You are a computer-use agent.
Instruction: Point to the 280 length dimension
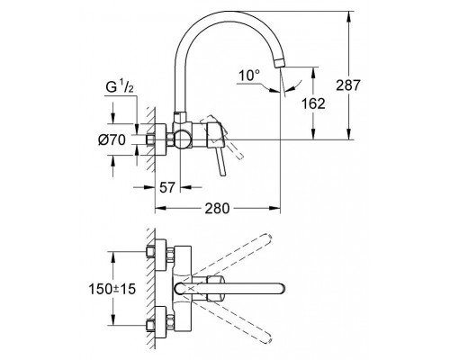point(217,207)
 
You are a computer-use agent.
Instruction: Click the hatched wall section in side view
point(139,139)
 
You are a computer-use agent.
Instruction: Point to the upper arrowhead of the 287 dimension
point(347,15)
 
